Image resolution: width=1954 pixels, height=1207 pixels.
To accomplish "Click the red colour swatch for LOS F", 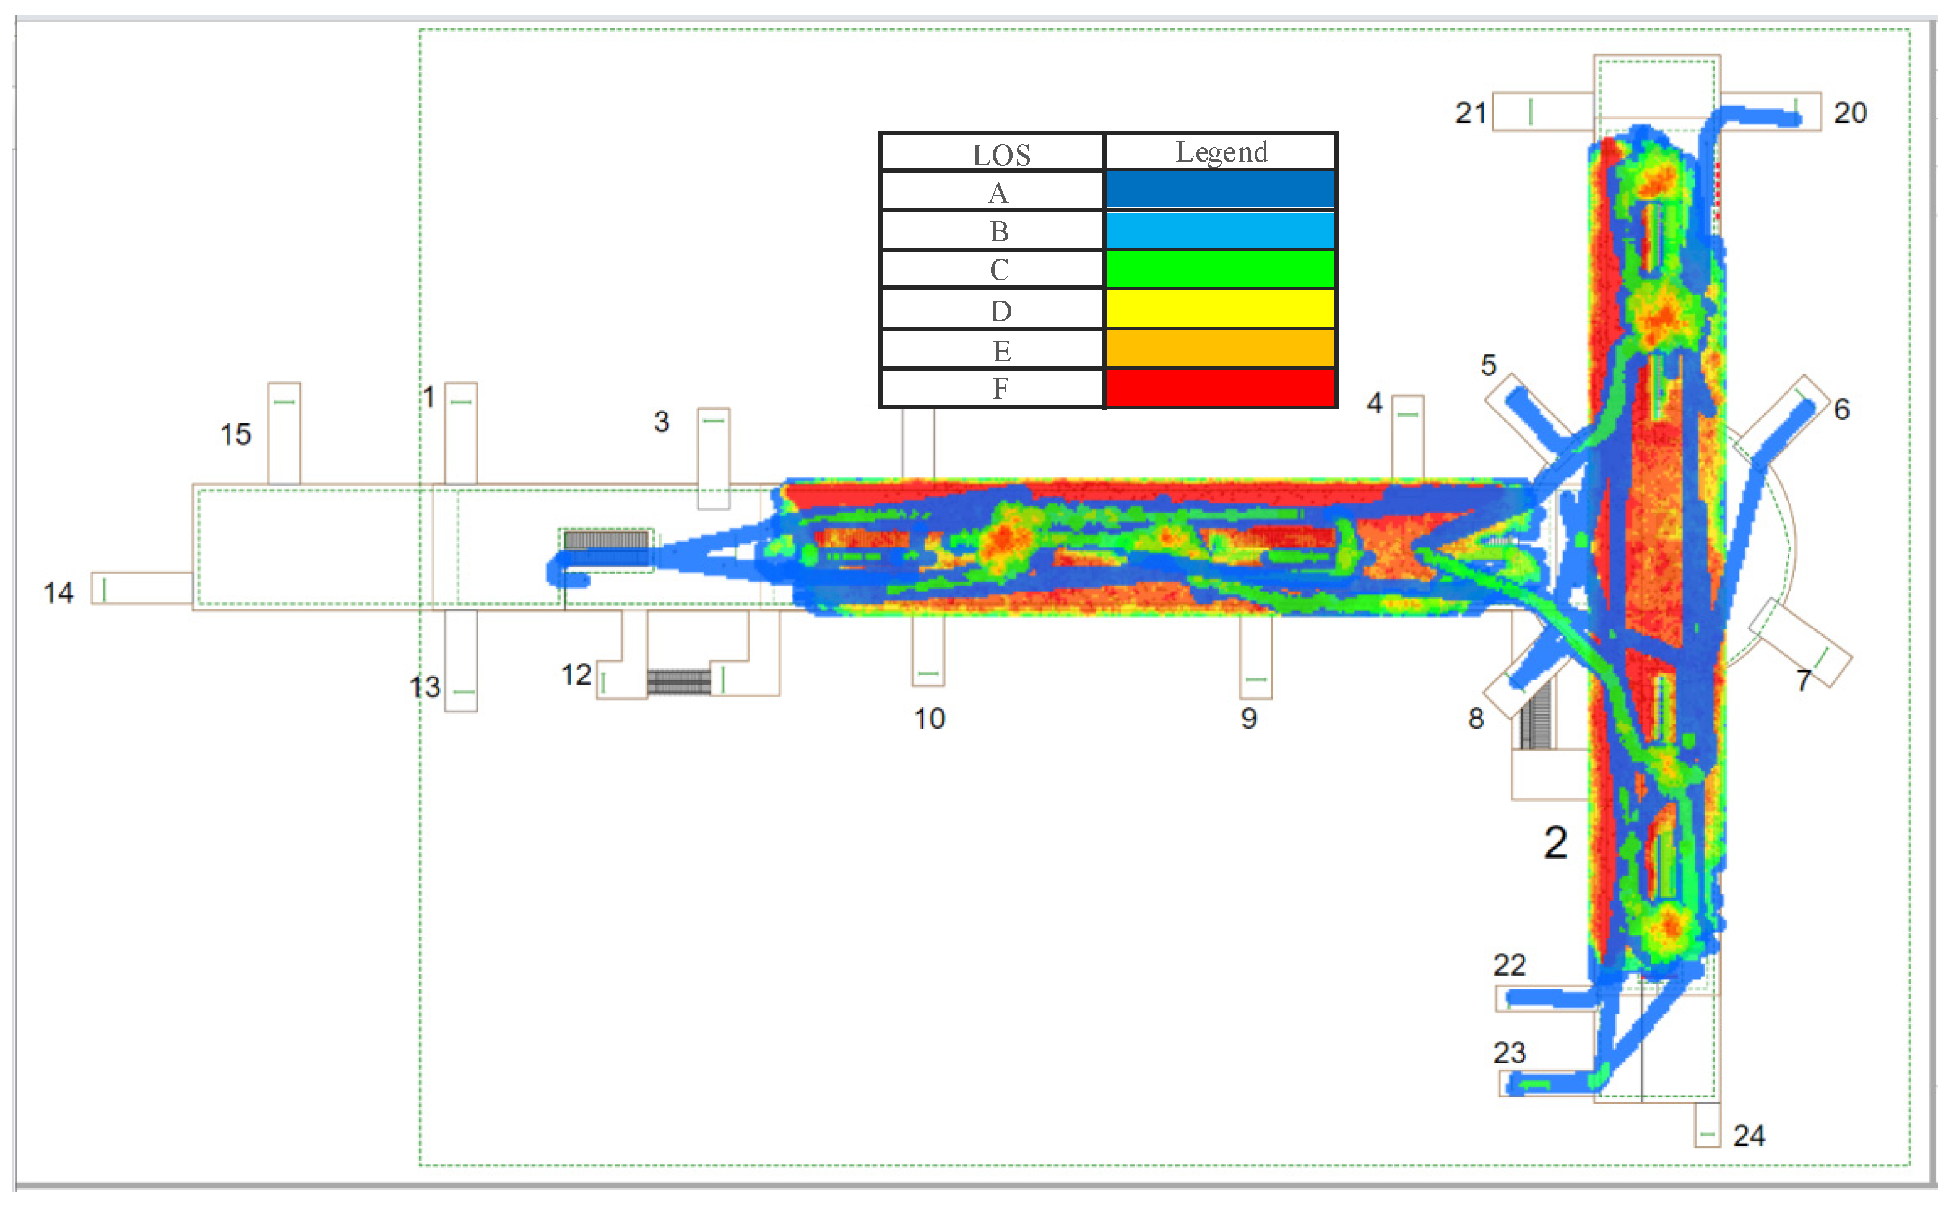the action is point(1221,388).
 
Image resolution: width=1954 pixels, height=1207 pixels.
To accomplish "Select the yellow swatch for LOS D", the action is point(1221,308).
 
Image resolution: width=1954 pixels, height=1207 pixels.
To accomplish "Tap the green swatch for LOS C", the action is point(1221,269).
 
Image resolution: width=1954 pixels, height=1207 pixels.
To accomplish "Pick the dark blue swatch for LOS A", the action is point(1221,190).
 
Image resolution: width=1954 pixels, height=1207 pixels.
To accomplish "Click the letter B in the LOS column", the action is point(1000,231).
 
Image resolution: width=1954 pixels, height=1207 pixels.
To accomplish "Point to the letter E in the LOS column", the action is point(1001,351).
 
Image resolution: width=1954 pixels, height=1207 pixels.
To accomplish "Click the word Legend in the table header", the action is point(1221,152).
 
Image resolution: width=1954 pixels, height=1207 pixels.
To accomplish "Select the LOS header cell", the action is point(992,152).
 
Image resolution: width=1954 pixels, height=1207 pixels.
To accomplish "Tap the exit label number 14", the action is point(58,593).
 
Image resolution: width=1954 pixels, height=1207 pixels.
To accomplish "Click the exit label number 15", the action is point(235,435).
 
